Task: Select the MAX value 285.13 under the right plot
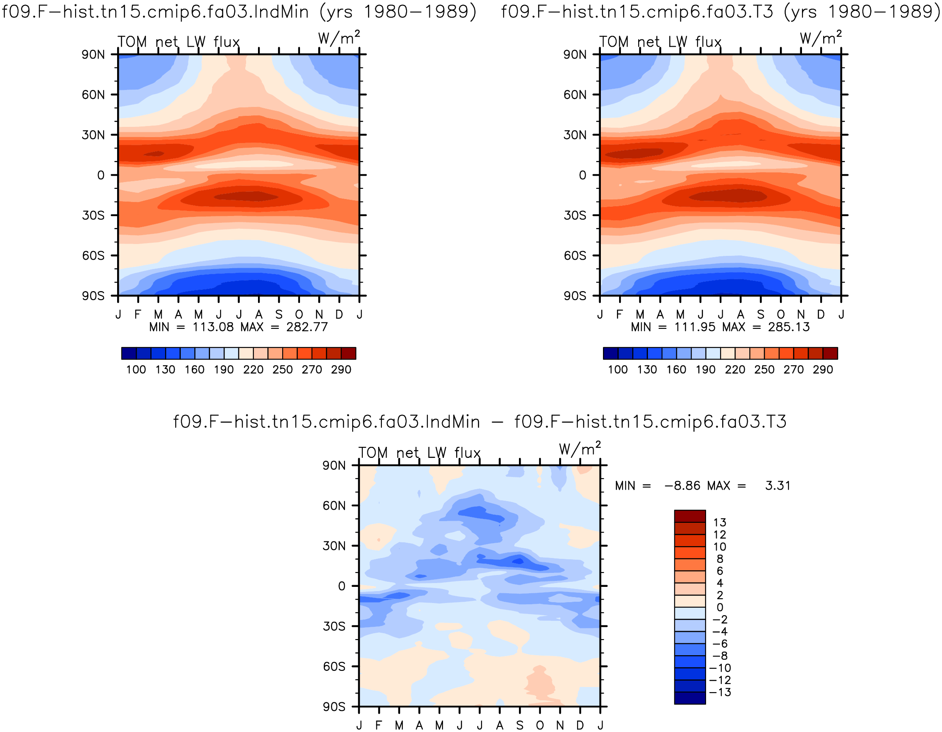pyautogui.click(x=789, y=327)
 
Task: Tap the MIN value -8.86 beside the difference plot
pyautogui.click(x=682, y=486)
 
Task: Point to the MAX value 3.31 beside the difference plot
pyautogui.click(x=778, y=486)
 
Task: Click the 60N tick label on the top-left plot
pyautogui.click(x=93, y=95)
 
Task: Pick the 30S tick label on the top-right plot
pyautogui.click(x=575, y=215)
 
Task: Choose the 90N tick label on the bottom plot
pyautogui.click(x=334, y=466)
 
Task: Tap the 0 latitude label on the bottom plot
pyautogui.click(x=342, y=586)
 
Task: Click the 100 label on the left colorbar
pyautogui.click(x=136, y=370)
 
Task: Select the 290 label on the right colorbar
pyautogui.click(x=823, y=370)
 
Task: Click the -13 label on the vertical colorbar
pyautogui.click(x=721, y=692)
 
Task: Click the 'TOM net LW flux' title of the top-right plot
pyautogui.click(x=660, y=42)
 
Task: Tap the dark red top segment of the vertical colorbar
pyautogui.click(x=690, y=516)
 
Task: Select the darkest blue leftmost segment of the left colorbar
pyautogui.click(x=129, y=353)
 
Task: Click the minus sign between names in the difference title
pyautogui.click(x=497, y=422)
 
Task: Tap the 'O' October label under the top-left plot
pyautogui.click(x=299, y=315)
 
